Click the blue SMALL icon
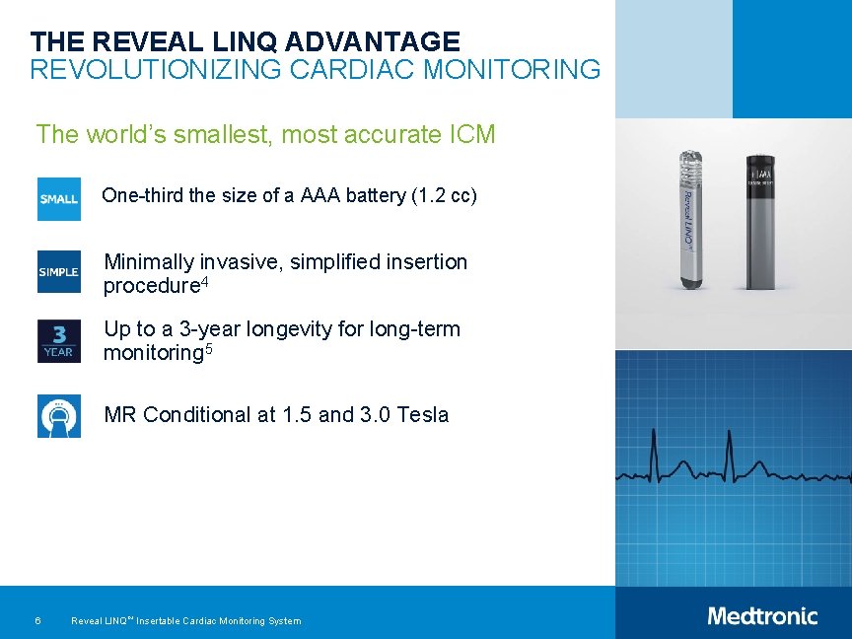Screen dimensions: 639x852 (x=58, y=198)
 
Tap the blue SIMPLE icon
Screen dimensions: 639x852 (x=58, y=271)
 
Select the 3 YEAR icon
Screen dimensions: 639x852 (x=58, y=341)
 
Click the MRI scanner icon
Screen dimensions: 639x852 (x=58, y=415)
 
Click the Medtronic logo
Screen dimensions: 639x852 (x=762, y=616)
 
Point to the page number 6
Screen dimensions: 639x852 (x=36, y=620)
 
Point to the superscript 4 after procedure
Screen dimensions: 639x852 (x=205, y=282)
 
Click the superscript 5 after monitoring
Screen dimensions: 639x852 (x=208, y=348)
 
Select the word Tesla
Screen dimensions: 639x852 (x=422, y=415)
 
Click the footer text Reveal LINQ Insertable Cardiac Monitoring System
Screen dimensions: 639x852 (x=185, y=620)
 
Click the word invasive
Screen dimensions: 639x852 (x=236, y=262)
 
